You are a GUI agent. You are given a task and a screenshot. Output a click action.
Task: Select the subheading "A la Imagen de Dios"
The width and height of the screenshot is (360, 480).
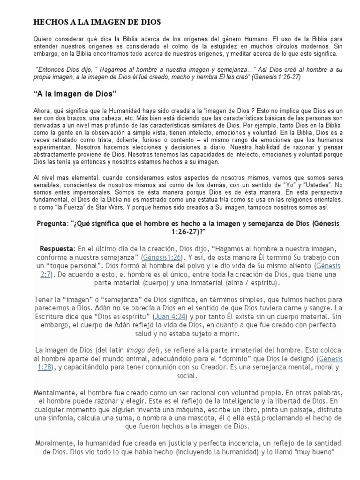tap(75, 94)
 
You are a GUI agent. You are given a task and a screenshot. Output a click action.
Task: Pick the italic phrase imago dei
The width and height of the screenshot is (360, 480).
tap(142, 350)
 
